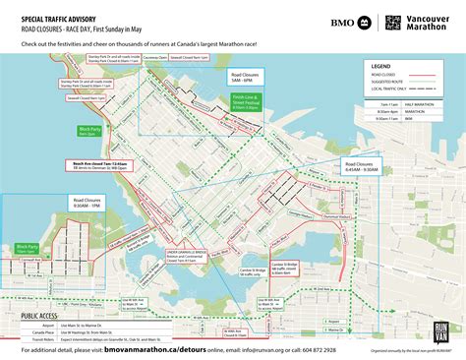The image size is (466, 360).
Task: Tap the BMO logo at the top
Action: pos(343,22)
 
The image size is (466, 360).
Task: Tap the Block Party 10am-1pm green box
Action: pos(28,249)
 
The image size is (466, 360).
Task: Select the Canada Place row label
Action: pos(43,330)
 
